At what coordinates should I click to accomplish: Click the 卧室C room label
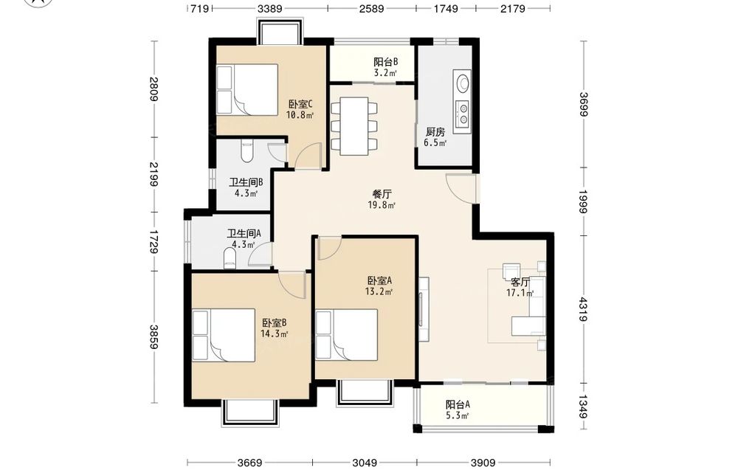(300, 104)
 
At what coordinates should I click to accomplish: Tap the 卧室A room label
(379, 281)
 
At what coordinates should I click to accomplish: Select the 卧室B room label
(275, 323)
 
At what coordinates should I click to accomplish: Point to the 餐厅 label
(382, 194)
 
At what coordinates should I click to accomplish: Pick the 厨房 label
(435, 132)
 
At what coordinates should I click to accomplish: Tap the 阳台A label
(458, 404)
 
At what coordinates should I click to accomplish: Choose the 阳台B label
(386, 62)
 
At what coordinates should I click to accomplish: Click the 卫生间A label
(244, 233)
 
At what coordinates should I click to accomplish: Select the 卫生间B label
(246, 182)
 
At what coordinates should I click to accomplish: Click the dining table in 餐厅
(354, 125)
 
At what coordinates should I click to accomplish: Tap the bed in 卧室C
(247, 90)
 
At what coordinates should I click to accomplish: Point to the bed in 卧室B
(224, 335)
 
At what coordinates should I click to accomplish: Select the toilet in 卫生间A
(230, 258)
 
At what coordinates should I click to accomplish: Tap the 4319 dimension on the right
(583, 309)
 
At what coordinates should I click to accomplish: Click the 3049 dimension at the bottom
(365, 463)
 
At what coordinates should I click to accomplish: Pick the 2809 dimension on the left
(154, 89)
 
